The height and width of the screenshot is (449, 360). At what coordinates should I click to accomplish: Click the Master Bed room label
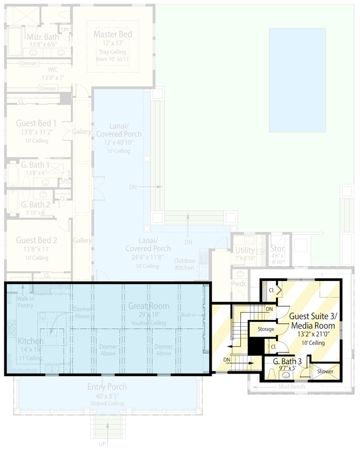click(x=113, y=35)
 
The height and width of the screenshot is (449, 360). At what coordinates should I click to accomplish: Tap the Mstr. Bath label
click(x=43, y=37)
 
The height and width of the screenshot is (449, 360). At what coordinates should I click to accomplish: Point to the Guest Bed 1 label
click(x=36, y=123)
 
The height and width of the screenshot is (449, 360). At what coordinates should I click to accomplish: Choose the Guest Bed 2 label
click(x=36, y=240)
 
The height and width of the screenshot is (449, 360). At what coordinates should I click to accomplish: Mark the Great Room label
click(x=148, y=306)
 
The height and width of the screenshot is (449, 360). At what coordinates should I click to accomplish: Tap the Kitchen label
click(x=31, y=341)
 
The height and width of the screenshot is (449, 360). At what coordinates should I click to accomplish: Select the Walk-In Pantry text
click(x=25, y=302)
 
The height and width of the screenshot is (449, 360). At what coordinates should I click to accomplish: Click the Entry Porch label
click(x=107, y=387)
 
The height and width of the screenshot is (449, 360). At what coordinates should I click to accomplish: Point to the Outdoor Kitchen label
click(x=184, y=264)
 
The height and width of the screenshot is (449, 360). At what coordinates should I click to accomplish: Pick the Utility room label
click(x=245, y=250)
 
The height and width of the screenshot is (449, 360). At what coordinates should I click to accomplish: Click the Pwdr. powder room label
click(x=239, y=283)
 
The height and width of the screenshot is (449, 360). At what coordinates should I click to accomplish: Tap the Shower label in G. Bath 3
click(x=325, y=371)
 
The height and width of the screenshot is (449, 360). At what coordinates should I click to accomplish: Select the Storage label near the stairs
click(x=265, y=329)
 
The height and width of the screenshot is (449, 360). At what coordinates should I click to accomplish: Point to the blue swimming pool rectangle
click(x=297, y=80)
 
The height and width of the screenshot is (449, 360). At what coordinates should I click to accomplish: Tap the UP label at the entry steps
click(x=102, y=443)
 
